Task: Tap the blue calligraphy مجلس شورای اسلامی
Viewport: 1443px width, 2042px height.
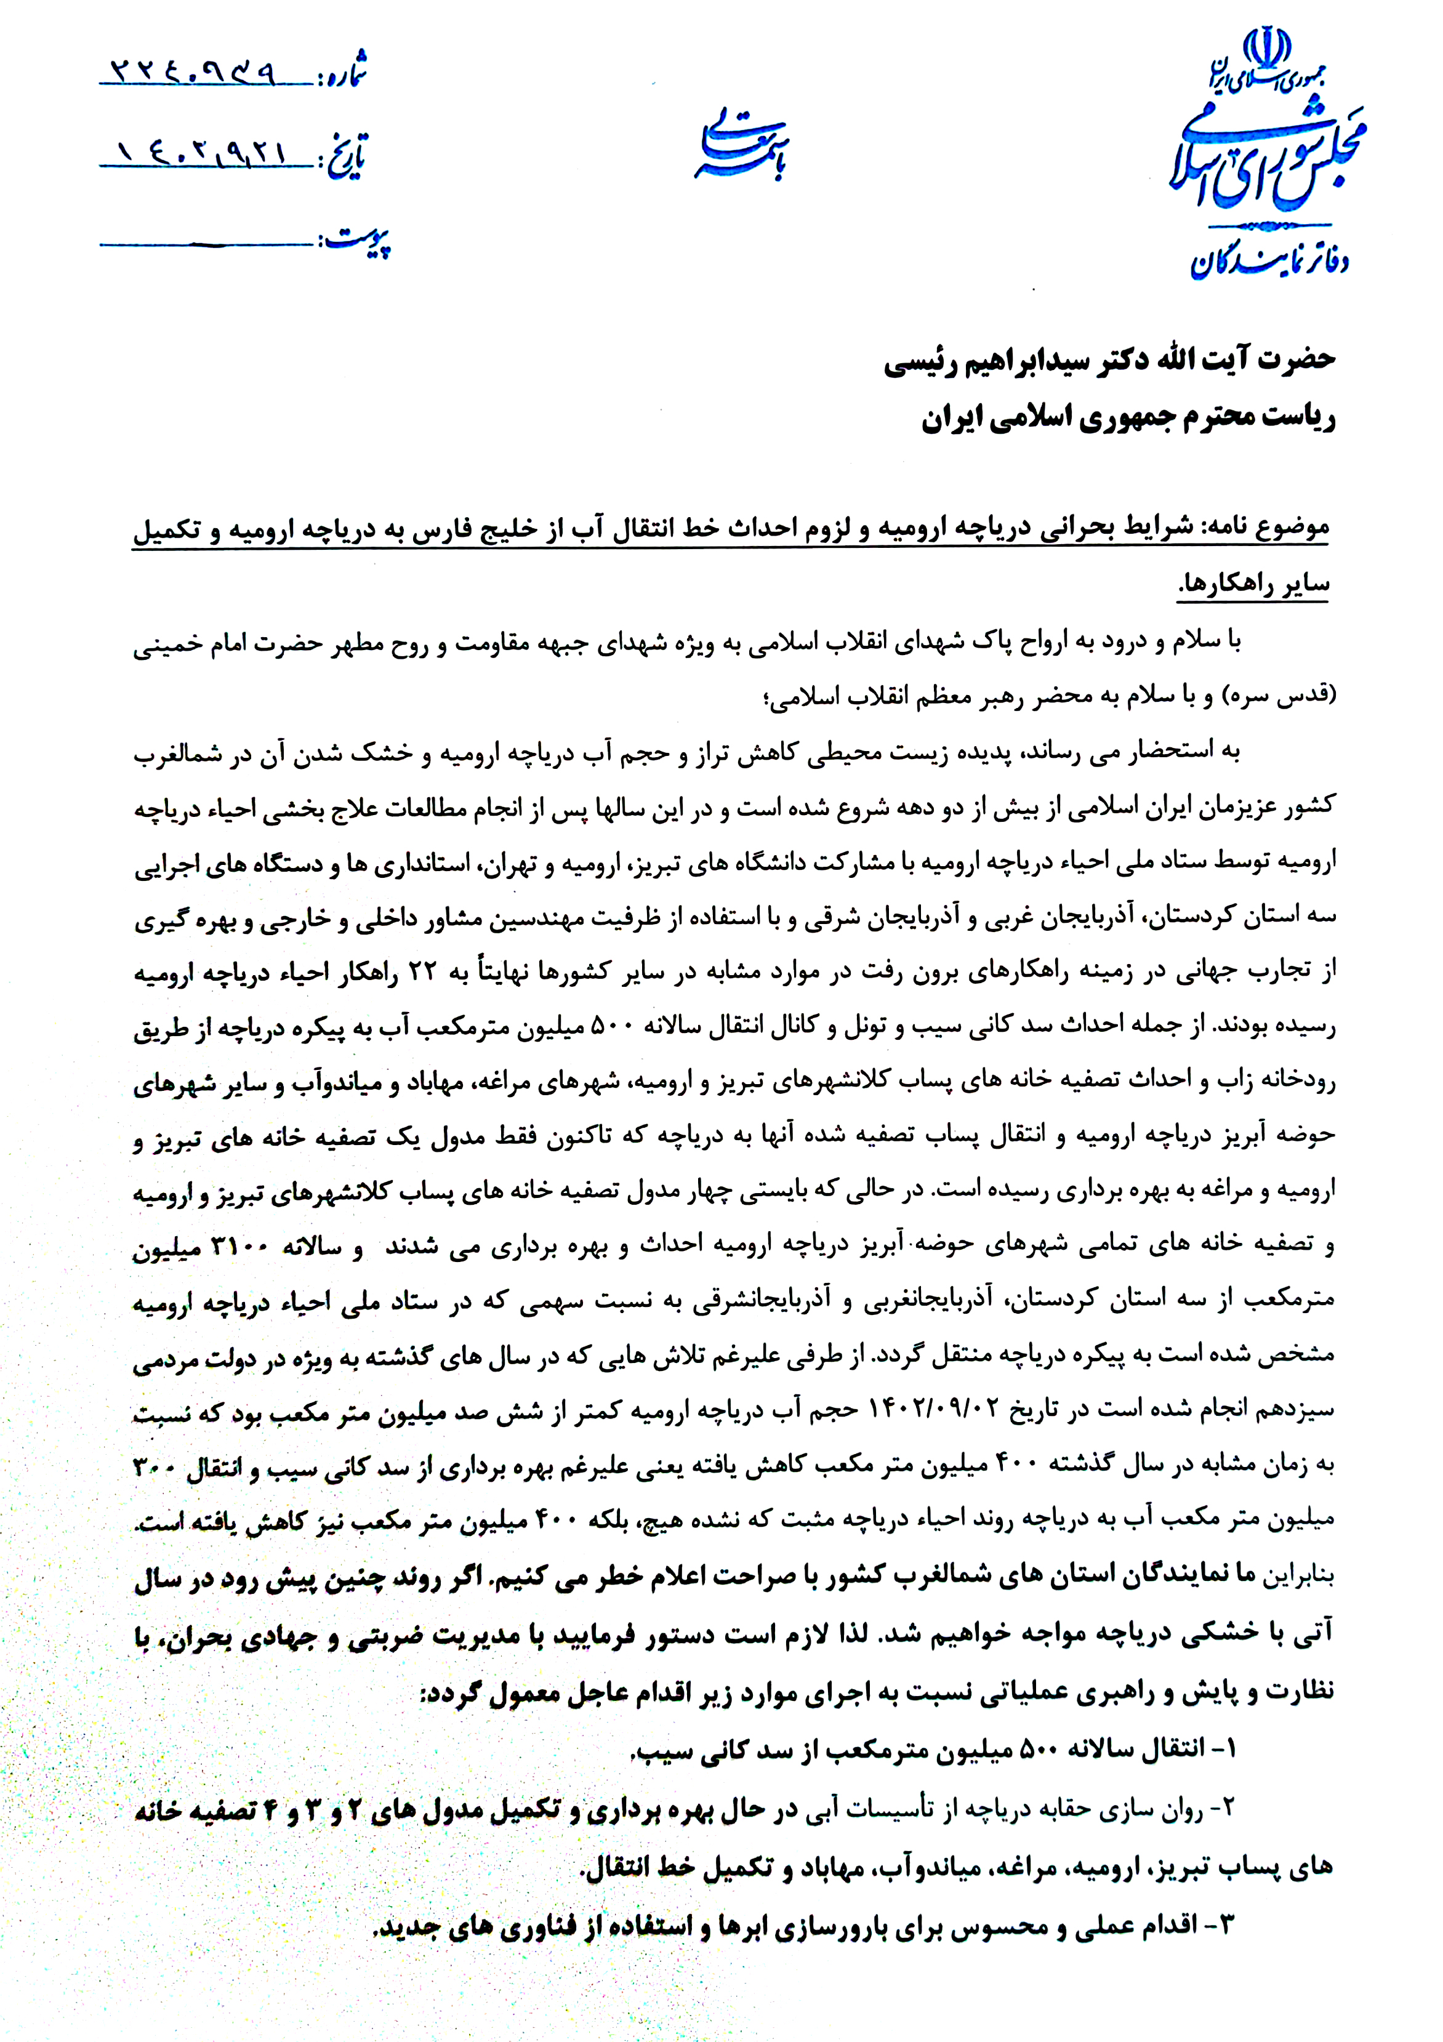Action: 1268,160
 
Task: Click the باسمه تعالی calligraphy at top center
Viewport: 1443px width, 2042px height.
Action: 742,145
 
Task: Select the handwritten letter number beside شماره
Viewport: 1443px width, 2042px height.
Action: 192,71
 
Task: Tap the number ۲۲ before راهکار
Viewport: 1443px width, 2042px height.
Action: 420,971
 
